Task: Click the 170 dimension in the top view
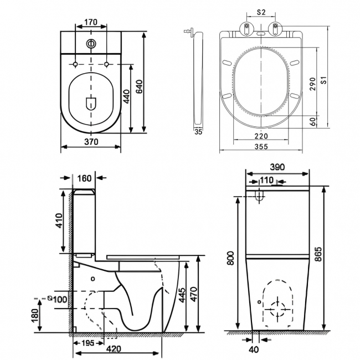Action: point(91,23)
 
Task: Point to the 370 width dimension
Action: point(91,142)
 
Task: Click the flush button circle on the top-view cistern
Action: point(90,44)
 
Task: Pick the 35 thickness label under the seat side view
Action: point(198,132)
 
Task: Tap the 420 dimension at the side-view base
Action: point(115,348)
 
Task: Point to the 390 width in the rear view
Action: point(277,167)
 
